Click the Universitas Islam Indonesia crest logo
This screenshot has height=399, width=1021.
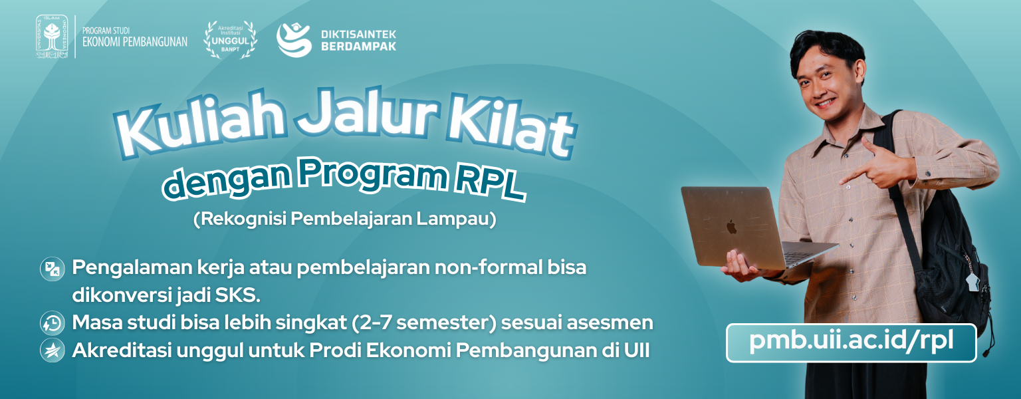[52, 37]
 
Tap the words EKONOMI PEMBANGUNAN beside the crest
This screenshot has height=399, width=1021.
[135, 42]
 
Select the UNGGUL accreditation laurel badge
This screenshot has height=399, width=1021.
[230, 40]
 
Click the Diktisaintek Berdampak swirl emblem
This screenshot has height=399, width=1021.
[294, 40]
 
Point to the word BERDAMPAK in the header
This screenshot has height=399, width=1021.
[359, 47]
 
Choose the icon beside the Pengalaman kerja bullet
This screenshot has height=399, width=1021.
[53, 269]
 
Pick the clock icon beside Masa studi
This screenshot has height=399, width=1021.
[53, 323]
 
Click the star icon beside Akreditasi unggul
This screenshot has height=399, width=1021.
[53, 350]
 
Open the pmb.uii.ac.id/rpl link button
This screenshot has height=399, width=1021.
[851, 342]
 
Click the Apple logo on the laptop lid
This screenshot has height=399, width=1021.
[731, 227]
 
